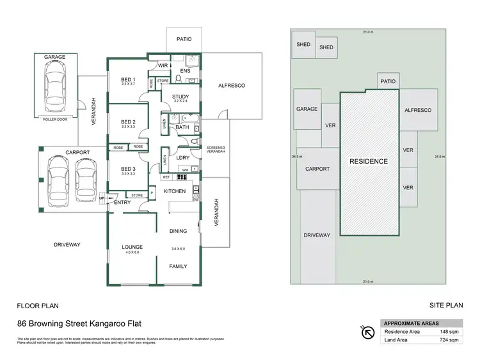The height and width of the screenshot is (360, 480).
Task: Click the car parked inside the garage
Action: [54, 88]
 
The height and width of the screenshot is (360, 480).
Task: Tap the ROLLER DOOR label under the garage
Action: [54, 119]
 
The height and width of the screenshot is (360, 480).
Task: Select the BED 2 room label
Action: [128, 121]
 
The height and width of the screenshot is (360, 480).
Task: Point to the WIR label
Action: [163, 65]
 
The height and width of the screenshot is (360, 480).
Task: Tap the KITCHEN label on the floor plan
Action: [175, 191]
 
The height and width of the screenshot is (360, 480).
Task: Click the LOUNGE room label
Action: [132, 247]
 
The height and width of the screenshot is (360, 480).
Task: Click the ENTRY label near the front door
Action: [122, 203]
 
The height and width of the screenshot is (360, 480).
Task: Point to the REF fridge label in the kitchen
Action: [166, 177]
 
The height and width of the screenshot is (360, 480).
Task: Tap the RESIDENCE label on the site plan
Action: [368, 162]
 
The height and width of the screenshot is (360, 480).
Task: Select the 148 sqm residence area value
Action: [449, 331]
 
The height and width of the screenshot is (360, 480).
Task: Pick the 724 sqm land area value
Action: [449, 340]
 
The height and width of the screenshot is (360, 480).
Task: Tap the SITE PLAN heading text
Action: [446, 306]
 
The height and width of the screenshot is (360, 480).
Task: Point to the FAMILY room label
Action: [178, 266]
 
